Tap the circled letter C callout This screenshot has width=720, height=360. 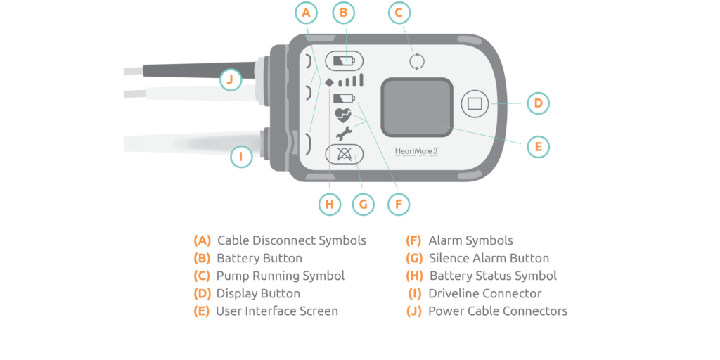[x=399, y=13]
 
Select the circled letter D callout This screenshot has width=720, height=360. [x=538, y=103]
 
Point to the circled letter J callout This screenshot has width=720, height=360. [x=230, y=79]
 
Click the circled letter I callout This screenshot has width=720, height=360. [x=241, y=156]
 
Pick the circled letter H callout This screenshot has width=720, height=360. [x=328, y=205]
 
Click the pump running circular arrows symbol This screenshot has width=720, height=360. [x=417, y=61]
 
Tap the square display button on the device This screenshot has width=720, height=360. [x=475, y=103]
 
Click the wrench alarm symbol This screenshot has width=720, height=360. [x=343, y=134]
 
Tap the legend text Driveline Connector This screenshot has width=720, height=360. [x=484, y=293]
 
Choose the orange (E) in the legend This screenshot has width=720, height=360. [x=202, y=311]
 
